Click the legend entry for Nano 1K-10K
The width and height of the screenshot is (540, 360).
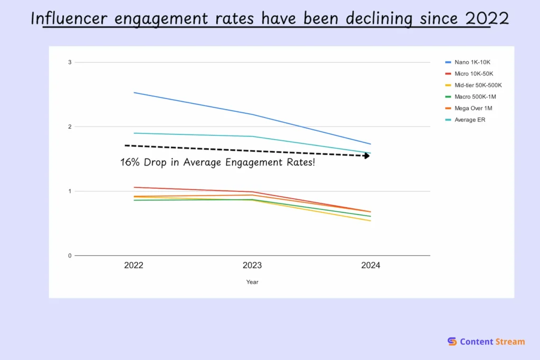(472, 62)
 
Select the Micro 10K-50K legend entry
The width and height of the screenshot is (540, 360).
(474, 74)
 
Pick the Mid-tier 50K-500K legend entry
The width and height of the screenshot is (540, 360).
(478, 85)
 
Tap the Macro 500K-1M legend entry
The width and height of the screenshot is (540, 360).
(475, 96)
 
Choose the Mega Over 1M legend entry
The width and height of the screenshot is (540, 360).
(473, 108)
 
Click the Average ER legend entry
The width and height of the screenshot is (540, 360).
(469, 120)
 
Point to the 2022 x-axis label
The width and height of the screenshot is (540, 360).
(133, 266)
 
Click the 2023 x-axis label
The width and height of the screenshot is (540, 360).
(252, 266)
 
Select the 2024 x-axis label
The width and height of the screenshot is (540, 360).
(371, 266)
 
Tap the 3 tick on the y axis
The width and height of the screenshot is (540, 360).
(69, 62)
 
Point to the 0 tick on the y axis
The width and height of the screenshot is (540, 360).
(69, 256)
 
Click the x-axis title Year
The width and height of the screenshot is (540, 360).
(252, 282)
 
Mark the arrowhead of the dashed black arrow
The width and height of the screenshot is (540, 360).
(367, 155)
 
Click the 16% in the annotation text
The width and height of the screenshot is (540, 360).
(130, 162)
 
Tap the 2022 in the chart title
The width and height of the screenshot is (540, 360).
(487, 18)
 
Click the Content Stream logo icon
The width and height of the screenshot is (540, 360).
(452, 342)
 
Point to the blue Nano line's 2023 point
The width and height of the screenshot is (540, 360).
(252, 114)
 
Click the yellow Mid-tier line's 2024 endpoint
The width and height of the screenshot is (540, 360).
(371, 221)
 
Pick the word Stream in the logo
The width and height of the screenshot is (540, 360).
(510, 342)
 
